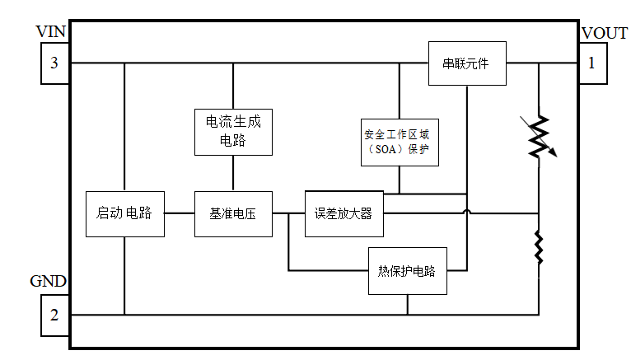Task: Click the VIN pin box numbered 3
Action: (54, 63)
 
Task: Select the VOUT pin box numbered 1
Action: (591, 63)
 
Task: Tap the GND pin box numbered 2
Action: (54, 314)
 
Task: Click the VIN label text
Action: (50, 31)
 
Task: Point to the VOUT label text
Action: (605, 33)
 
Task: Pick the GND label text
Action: (48, 282)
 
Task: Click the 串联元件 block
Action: (467, 63)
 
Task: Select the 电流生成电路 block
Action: (233, 132)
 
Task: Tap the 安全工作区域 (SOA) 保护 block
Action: (399, 143)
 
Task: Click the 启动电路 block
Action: (124, 213)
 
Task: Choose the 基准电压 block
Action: (233, 213)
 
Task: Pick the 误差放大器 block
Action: (344, 213)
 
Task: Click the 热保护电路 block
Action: (407, 270)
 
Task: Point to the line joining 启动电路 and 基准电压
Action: (179, 213)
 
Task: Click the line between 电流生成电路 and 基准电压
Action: (233, 173)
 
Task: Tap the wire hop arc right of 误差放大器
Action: (467, 212)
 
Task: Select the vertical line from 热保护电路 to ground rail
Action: (407, 304)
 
